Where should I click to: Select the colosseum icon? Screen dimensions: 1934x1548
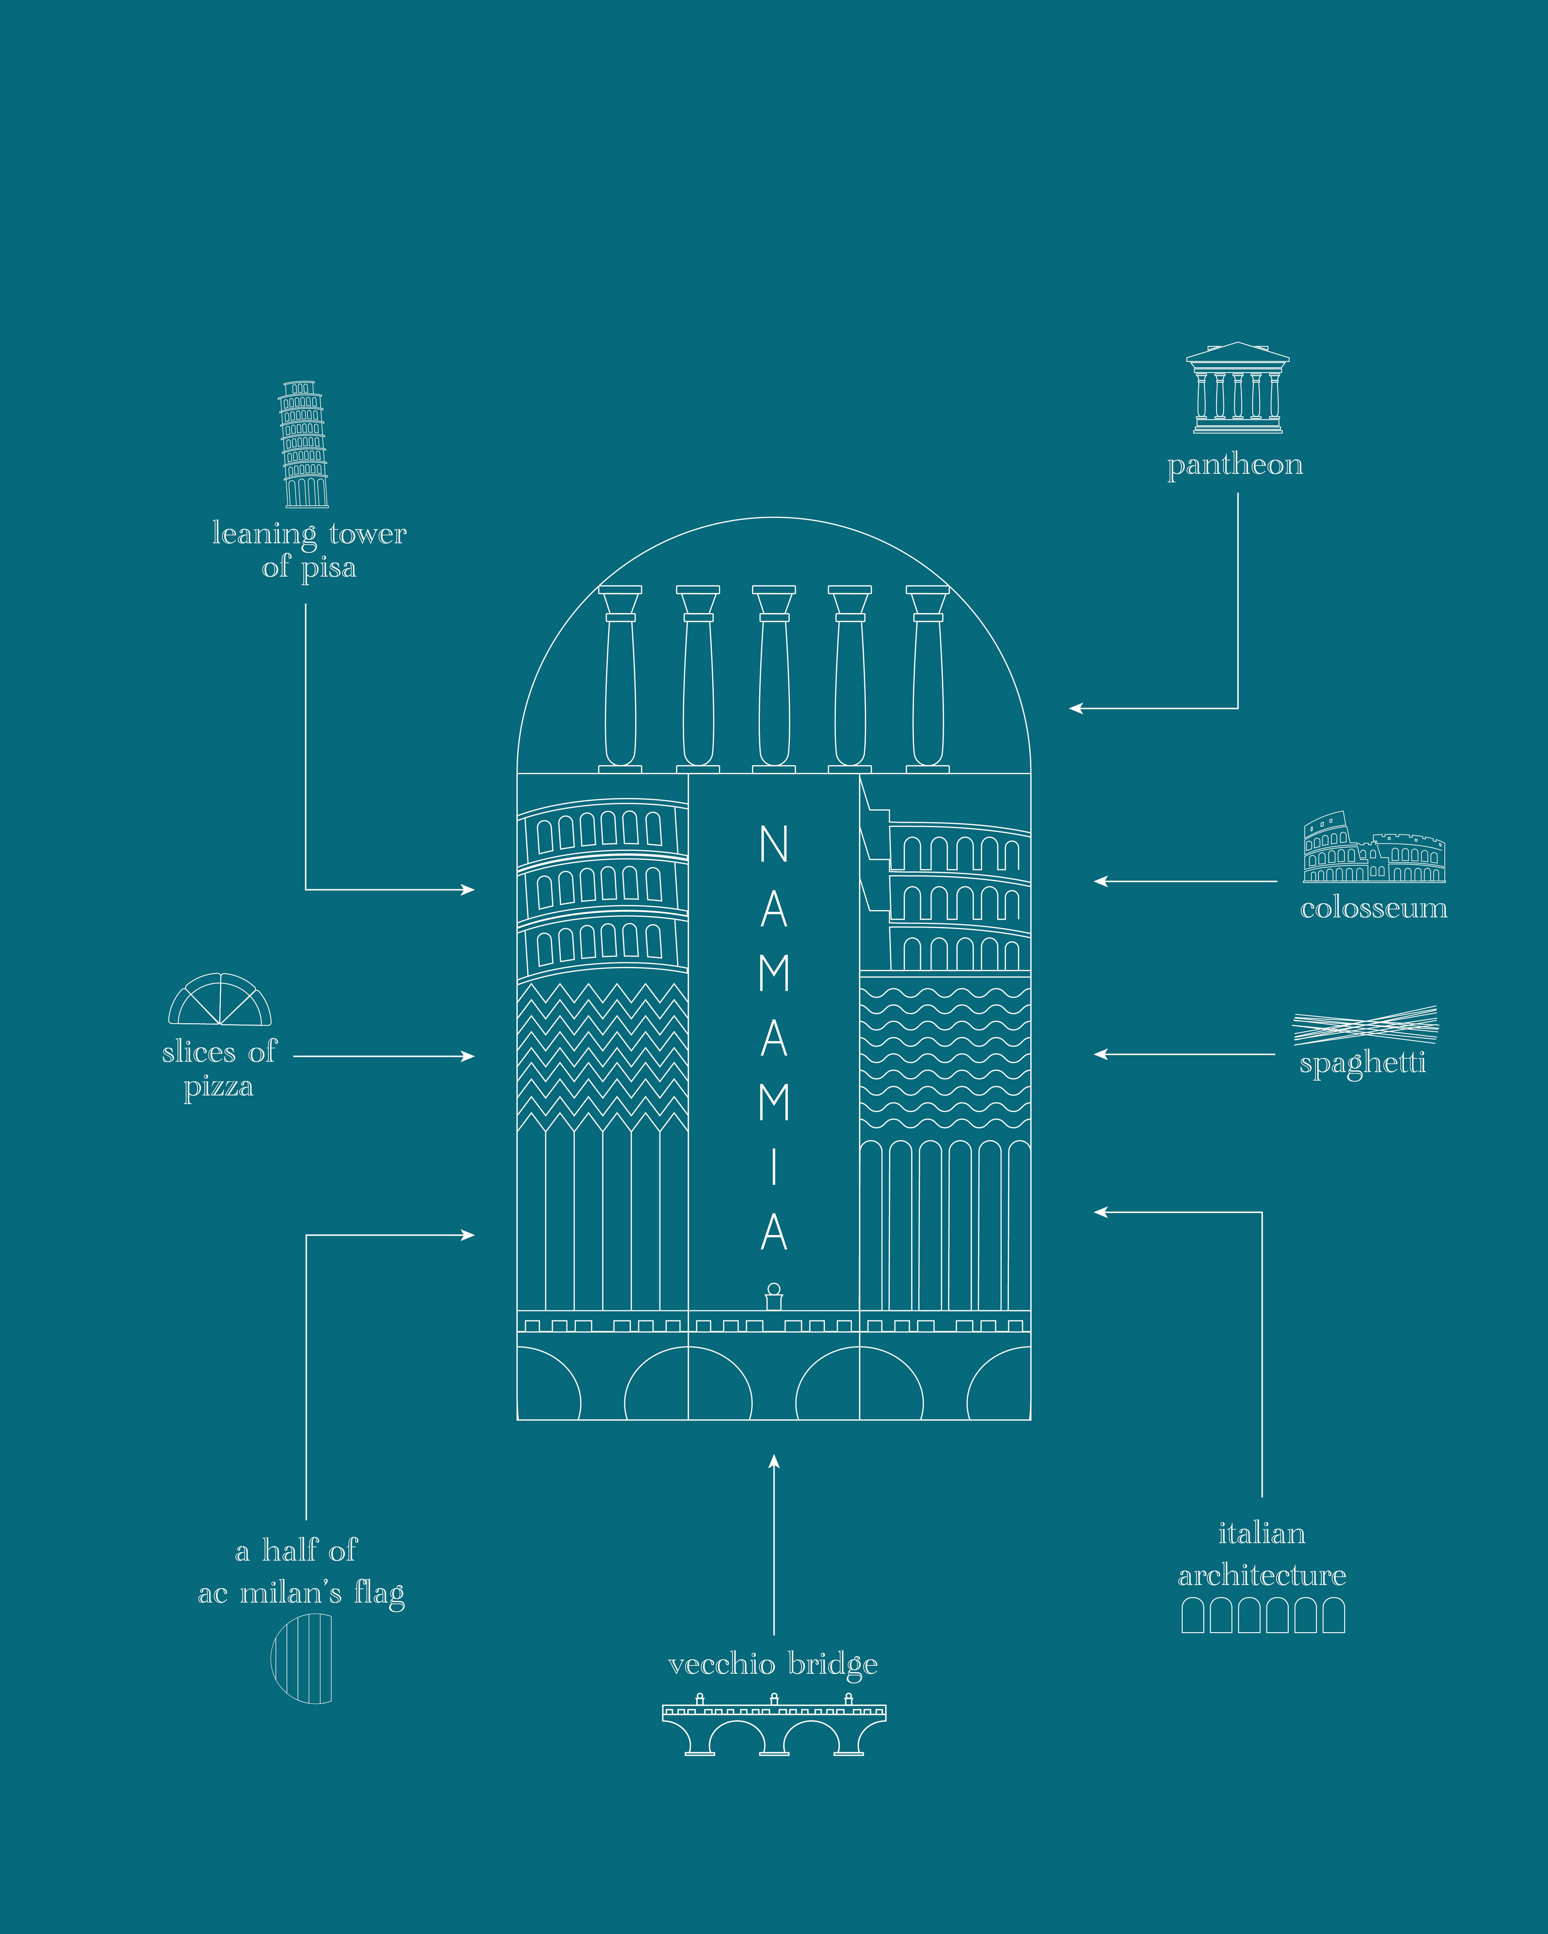click(1373, 849)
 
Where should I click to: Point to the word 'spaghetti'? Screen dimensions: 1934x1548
click(1362, 1064)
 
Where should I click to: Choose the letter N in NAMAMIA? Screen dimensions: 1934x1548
click(774, 844)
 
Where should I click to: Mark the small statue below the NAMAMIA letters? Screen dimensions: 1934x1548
click(774, 1296)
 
